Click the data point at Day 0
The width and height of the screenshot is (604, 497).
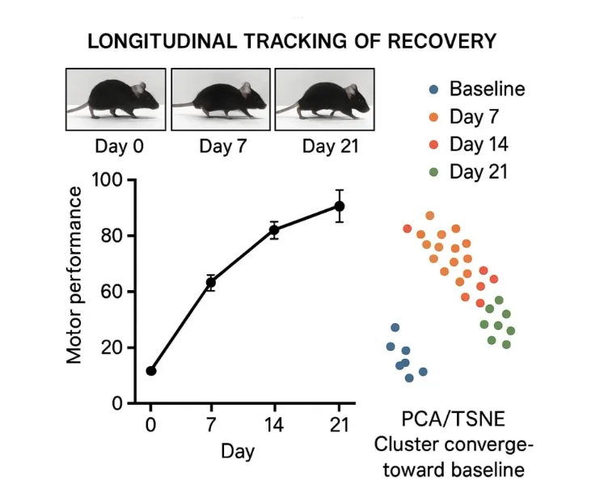(x=151, y=371)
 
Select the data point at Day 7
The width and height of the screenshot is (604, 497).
(x=211, y=283)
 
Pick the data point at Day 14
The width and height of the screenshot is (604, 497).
(x=274, y=230)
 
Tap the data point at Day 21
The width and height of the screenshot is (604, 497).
(x=340, y=206)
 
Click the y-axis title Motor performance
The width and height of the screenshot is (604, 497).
(x=75, y=275)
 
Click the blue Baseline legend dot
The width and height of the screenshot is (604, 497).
(x=434, y=89)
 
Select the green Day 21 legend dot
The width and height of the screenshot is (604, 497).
(x=434, y=172)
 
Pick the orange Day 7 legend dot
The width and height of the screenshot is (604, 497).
(x=434, y=117)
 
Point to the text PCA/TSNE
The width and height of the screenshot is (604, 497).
(x=446, y=421)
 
